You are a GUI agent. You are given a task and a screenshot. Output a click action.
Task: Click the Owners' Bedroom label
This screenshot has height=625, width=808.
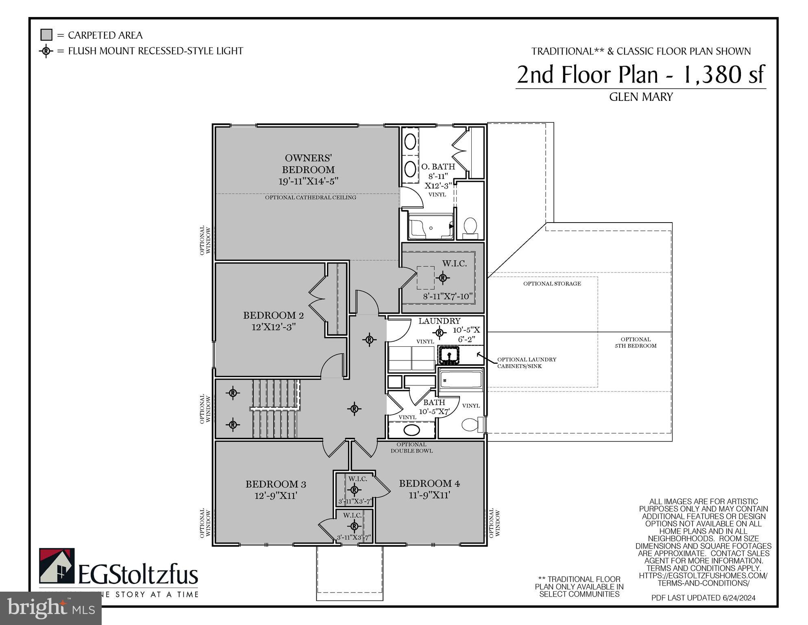pos(308,164)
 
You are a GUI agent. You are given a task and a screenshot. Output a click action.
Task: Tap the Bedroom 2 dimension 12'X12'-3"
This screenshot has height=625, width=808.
pos(273,327)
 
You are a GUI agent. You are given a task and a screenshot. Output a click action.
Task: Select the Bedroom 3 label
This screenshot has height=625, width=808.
pos(276,484)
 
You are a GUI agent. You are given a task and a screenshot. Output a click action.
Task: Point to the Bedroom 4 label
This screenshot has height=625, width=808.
pos(429,483)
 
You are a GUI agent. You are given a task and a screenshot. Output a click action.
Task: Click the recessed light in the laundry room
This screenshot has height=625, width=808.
pos(439,332)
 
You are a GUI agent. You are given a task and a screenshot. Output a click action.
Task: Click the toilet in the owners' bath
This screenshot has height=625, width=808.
pos(470,226)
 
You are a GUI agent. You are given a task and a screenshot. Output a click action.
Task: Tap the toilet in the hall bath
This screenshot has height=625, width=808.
pos(470,425)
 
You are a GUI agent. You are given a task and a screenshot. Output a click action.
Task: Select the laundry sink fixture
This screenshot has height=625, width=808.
pos(449,355)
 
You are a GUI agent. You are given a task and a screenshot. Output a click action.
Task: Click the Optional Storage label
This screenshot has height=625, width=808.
pos(552,284)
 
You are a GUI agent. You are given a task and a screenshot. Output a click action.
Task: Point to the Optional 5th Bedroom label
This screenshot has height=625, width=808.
pos(636,342)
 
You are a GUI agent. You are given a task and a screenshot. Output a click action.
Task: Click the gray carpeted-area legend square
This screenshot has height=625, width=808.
pos(46,35)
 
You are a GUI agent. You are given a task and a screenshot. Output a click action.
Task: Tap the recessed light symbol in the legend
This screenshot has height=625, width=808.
pos(46,51)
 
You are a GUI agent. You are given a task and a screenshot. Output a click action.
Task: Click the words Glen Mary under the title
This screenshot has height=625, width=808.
pos(641,97)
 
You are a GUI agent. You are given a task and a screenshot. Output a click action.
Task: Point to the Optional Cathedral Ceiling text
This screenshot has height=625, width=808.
pos(310,197)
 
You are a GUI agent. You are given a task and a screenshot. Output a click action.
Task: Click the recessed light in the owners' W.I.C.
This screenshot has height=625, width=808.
pos(443,278)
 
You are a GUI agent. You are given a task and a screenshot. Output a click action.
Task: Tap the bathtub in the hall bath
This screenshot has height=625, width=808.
pos(461,380)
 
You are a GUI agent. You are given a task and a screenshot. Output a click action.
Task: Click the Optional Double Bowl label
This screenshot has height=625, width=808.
pos(412,448)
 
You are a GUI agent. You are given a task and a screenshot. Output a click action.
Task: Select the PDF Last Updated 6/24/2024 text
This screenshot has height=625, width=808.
pos(703,598)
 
